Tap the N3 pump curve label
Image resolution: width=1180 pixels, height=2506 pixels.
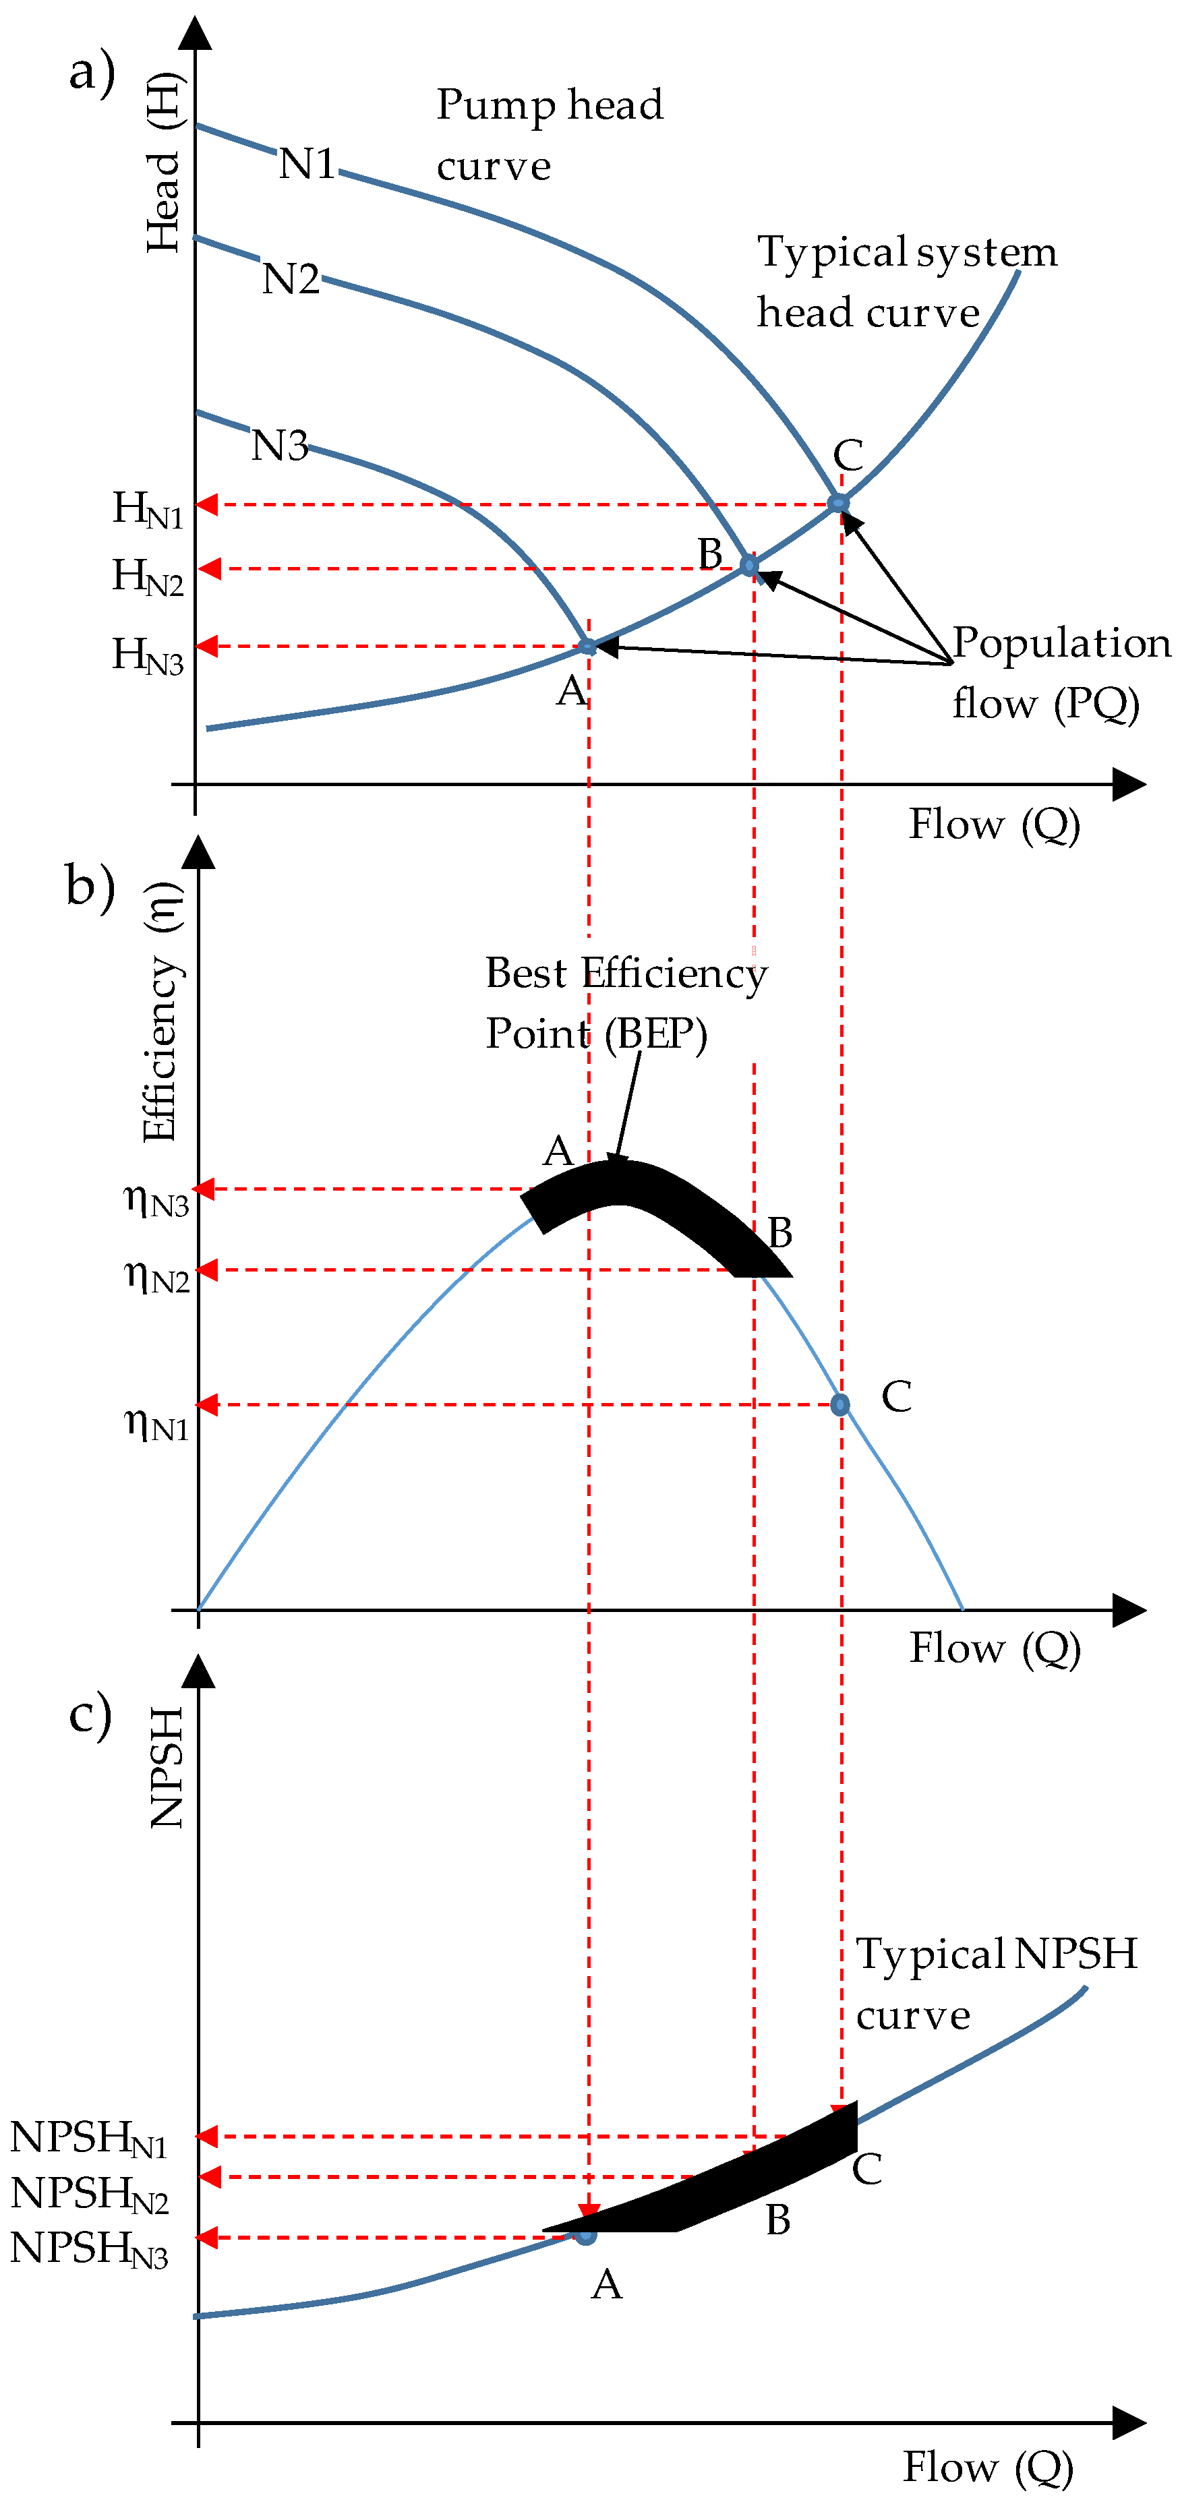point(279,446)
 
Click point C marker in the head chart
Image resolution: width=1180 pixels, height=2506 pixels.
point(837,503)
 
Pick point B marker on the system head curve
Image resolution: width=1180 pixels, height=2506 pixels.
point(749,565)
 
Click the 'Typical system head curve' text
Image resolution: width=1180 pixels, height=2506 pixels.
point(907,282)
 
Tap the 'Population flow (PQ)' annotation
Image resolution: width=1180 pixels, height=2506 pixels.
point(1061,674)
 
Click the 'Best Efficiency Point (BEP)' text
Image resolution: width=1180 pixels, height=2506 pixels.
point(626,1003)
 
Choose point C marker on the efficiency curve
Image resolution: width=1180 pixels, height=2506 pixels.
point(840,1405)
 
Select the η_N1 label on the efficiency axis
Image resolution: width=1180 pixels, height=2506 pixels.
point(156,1424)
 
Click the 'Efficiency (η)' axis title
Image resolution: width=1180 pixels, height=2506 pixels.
point(160,1012)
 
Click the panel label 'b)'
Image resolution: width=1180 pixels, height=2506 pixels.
point(90,887)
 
